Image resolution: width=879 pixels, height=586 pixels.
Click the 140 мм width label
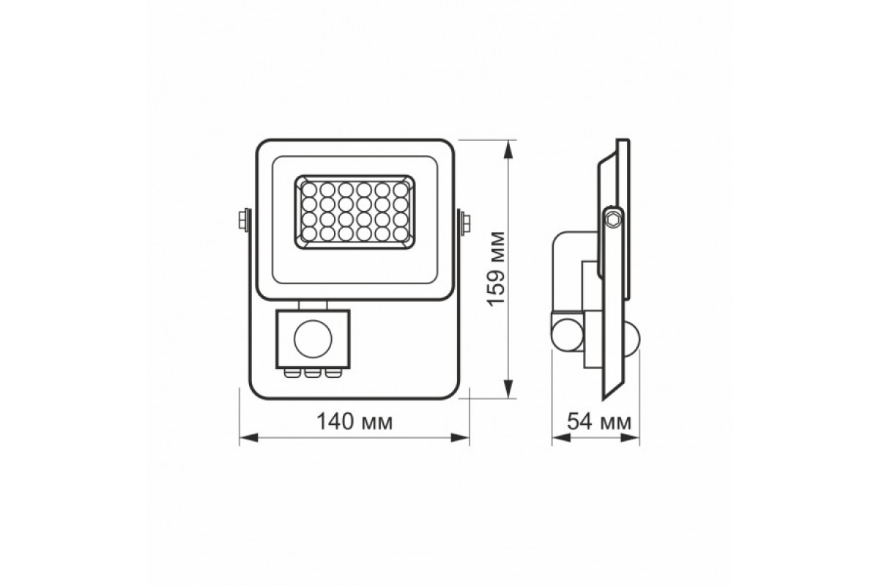click(x=354, y=422)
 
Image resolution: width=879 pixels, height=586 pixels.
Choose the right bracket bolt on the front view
click(x=466, y=221)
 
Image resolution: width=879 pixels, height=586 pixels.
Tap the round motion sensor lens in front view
click(x=313, y=338)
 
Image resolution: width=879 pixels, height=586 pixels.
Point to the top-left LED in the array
click(x=308, y=189)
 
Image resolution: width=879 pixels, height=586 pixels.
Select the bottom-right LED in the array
click(x=400, y=234)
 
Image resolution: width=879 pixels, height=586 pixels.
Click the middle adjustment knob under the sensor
click(x=314, y=374)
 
